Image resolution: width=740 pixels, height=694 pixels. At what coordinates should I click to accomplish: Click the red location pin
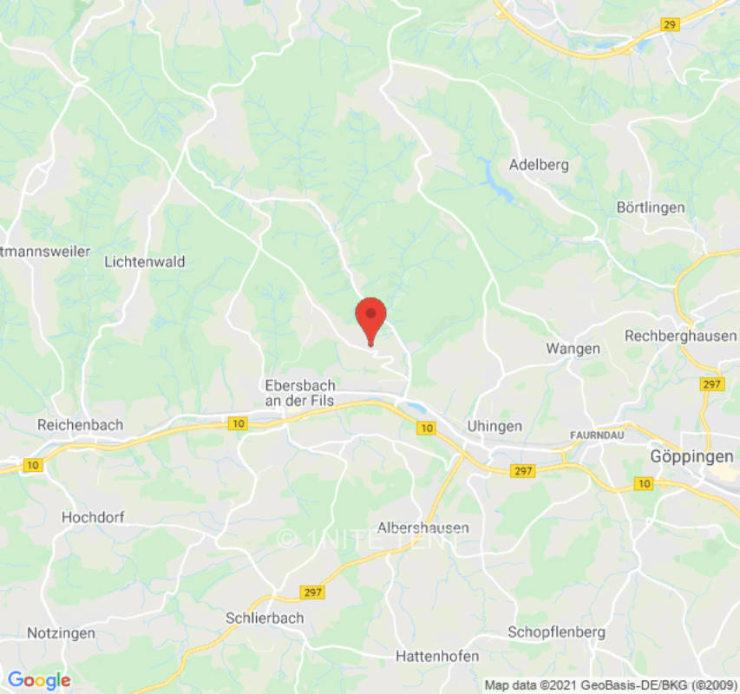371,317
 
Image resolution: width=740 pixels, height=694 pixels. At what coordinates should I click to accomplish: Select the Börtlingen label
650,207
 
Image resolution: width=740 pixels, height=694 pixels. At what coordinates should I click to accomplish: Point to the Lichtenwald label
144,261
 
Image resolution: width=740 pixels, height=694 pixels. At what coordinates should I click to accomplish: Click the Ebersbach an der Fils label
300,392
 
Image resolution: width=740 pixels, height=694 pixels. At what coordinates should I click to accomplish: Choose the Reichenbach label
80,425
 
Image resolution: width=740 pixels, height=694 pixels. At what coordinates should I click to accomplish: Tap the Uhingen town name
494,426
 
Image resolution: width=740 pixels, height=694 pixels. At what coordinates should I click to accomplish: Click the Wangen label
573,348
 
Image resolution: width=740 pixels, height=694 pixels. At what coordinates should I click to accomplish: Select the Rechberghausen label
680,336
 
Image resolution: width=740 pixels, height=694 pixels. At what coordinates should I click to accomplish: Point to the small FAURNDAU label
599,433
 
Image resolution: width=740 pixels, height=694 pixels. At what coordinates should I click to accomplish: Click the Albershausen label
423,527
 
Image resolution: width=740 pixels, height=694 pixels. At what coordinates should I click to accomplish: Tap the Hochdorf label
93,517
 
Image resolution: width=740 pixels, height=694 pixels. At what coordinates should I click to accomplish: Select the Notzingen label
61,632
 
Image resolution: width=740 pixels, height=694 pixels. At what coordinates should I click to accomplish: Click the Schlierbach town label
265,619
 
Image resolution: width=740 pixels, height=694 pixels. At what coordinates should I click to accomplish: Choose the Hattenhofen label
437,656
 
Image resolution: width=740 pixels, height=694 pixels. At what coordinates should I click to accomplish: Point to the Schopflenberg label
556,632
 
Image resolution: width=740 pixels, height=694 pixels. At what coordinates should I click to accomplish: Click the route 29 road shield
669,24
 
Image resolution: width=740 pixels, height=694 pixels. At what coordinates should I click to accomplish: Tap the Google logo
39,681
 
